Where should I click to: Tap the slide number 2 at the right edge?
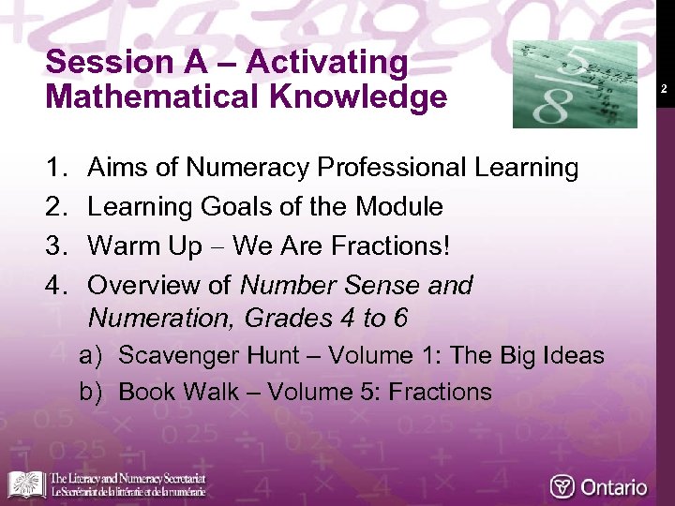coord(663,89)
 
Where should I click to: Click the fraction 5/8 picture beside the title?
coord(575,84)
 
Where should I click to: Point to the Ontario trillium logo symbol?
coord(562,487)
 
